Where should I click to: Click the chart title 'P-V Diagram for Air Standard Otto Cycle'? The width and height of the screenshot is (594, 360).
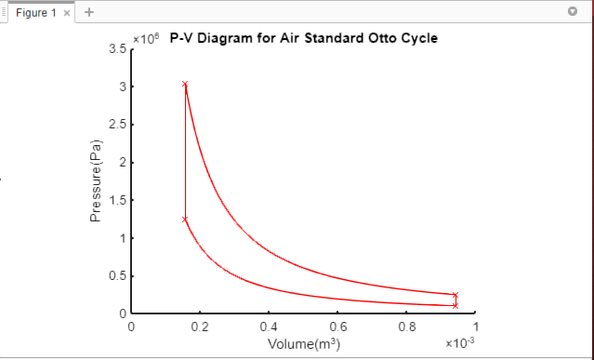pyautogui.click(x=304, y=39)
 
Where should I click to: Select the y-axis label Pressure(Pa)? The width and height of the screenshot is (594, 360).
pyautogui.click(x=95, y=180)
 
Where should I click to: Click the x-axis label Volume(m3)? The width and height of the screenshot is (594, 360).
pyautogui.click(x=303, y=344)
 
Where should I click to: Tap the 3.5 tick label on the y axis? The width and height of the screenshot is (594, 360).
pyautogui.click(x=117, y=49)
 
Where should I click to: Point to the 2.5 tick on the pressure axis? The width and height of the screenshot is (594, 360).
pyautogui.click(x=117, y=125)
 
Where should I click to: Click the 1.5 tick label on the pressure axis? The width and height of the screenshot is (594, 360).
pyautogui.click(x=117, y=200)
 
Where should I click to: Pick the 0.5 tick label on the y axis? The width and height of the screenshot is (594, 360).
pyautogui.click(x=117, y=275)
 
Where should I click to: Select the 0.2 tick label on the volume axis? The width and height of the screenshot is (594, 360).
pyautogui.click(x=200, y=327)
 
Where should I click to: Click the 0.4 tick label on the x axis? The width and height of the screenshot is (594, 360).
pyautogui.click(x=269, y=327)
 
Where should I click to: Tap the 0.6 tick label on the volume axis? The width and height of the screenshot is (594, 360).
pyautogui.click(x=337, y=327)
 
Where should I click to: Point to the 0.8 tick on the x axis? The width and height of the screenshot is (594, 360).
pyautogui.click(x=406, y=327)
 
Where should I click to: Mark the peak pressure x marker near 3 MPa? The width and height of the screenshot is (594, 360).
pyautogui.click(x=185, y=85)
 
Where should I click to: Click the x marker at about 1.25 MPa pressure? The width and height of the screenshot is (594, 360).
pyautogui.click(x=185, y=220)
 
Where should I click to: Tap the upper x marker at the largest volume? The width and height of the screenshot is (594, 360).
pyautogui.click(x=455, y=295)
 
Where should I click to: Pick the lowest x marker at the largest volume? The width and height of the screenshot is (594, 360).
pyautogui.click(x=455, y=305)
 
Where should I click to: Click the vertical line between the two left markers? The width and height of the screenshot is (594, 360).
pyautogui.click(x=185, y=153)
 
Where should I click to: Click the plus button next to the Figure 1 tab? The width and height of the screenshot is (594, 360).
pyautogui.click(x=89, y=13)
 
